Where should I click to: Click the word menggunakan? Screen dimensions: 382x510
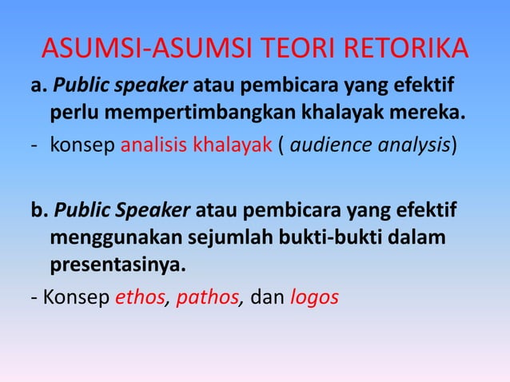coord(102,239)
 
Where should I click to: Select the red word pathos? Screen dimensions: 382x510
coord(209,298)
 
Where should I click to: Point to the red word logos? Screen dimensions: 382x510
coord(313,298)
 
